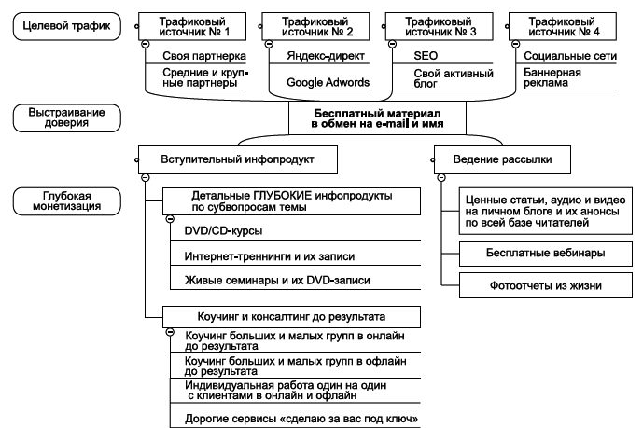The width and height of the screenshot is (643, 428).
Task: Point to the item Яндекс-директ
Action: pos(317,57)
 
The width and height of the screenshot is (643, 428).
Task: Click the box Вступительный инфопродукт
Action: pos(238,159)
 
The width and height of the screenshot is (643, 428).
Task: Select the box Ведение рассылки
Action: pos(505,159)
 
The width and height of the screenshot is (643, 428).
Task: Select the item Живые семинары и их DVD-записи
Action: pos(271,281)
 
